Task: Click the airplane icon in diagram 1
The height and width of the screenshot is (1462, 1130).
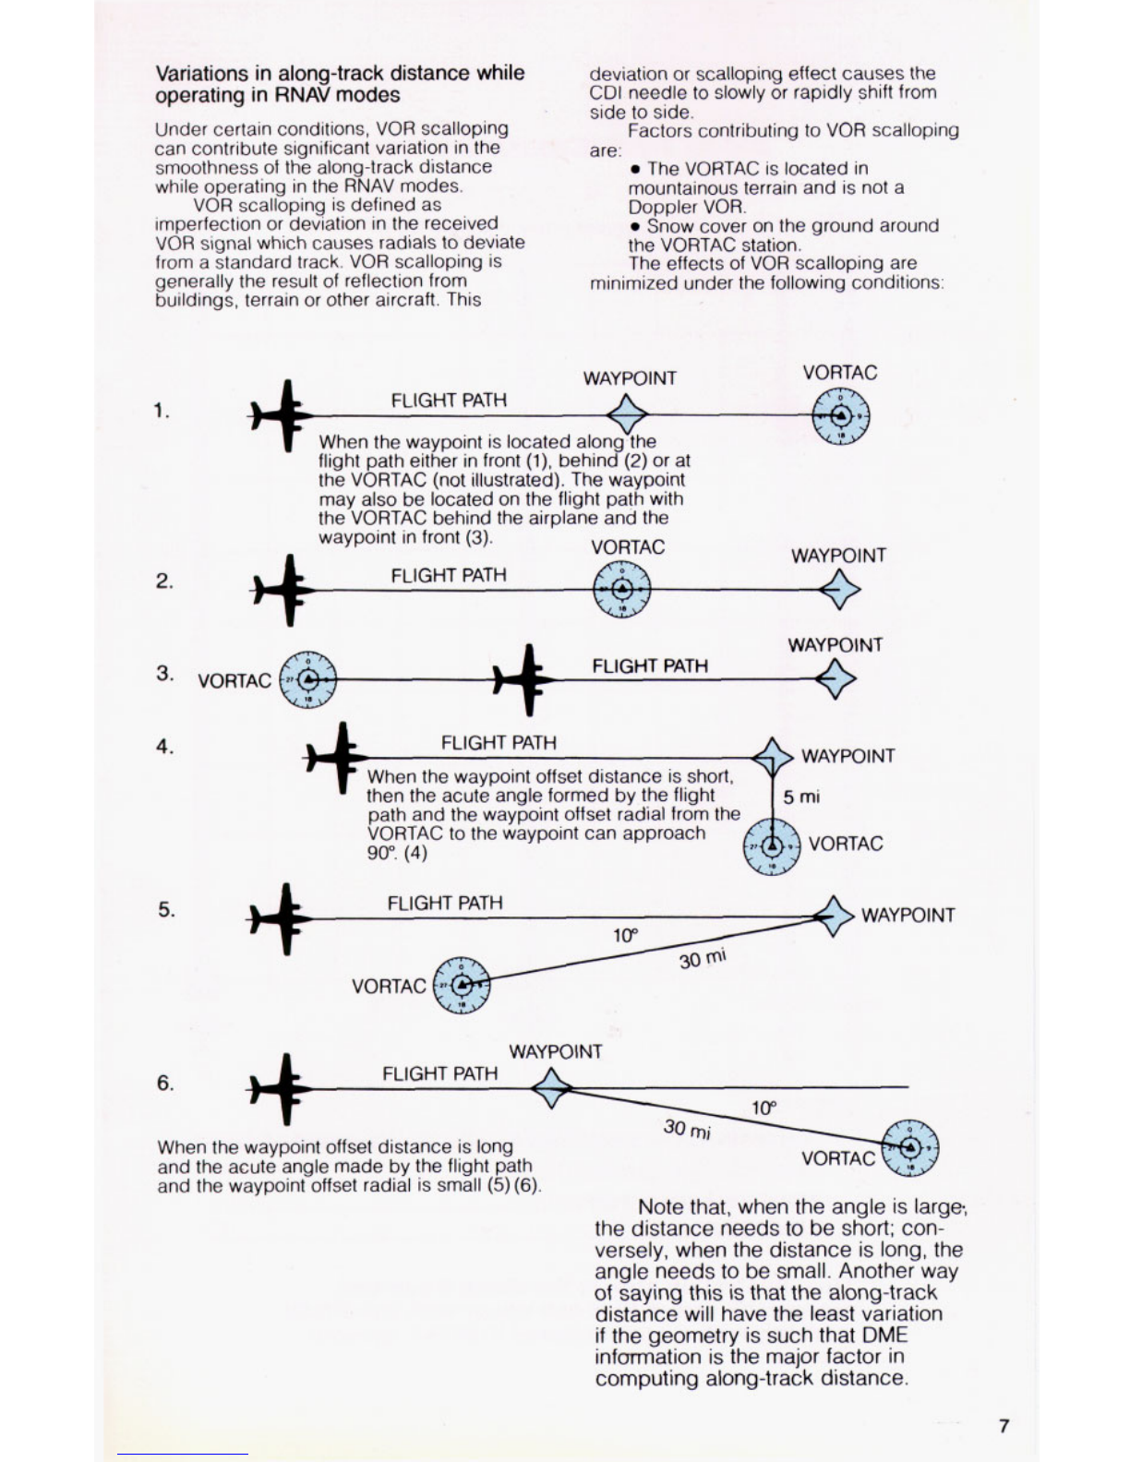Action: pos(282,415)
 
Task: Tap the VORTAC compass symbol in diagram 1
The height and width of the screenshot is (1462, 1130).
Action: pos(840,415)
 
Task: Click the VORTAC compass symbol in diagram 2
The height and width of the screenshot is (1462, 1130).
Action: pos(622,589)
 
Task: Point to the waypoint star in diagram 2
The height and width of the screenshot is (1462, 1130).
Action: pos(839,589)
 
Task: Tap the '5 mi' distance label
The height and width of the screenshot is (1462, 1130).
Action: pos(800,797)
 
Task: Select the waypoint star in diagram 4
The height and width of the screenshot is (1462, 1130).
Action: pos(772,757)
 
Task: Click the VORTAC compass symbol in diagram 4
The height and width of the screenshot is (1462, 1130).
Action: pos(772,846)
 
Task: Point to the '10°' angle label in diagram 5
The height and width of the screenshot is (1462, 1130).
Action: pos(625,936)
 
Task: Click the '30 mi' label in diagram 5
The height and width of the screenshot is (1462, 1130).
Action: pos(703,959)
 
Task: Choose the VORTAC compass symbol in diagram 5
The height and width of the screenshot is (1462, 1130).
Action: pos(463,985)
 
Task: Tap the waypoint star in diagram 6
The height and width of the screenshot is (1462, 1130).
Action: pos(552,1088)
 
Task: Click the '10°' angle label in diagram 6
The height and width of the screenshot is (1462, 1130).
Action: pos(763,1108)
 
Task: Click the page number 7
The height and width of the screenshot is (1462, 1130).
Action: pos(1004,1426)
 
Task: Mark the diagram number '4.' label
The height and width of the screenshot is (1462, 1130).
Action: pos(164,747)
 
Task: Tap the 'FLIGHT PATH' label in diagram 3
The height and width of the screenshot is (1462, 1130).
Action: pos(650,666)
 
